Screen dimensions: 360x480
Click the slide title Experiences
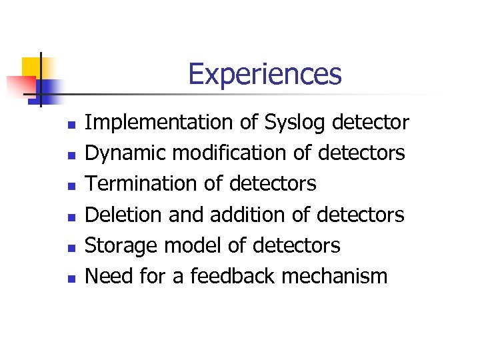265,74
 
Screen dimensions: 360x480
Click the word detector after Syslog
370,123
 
